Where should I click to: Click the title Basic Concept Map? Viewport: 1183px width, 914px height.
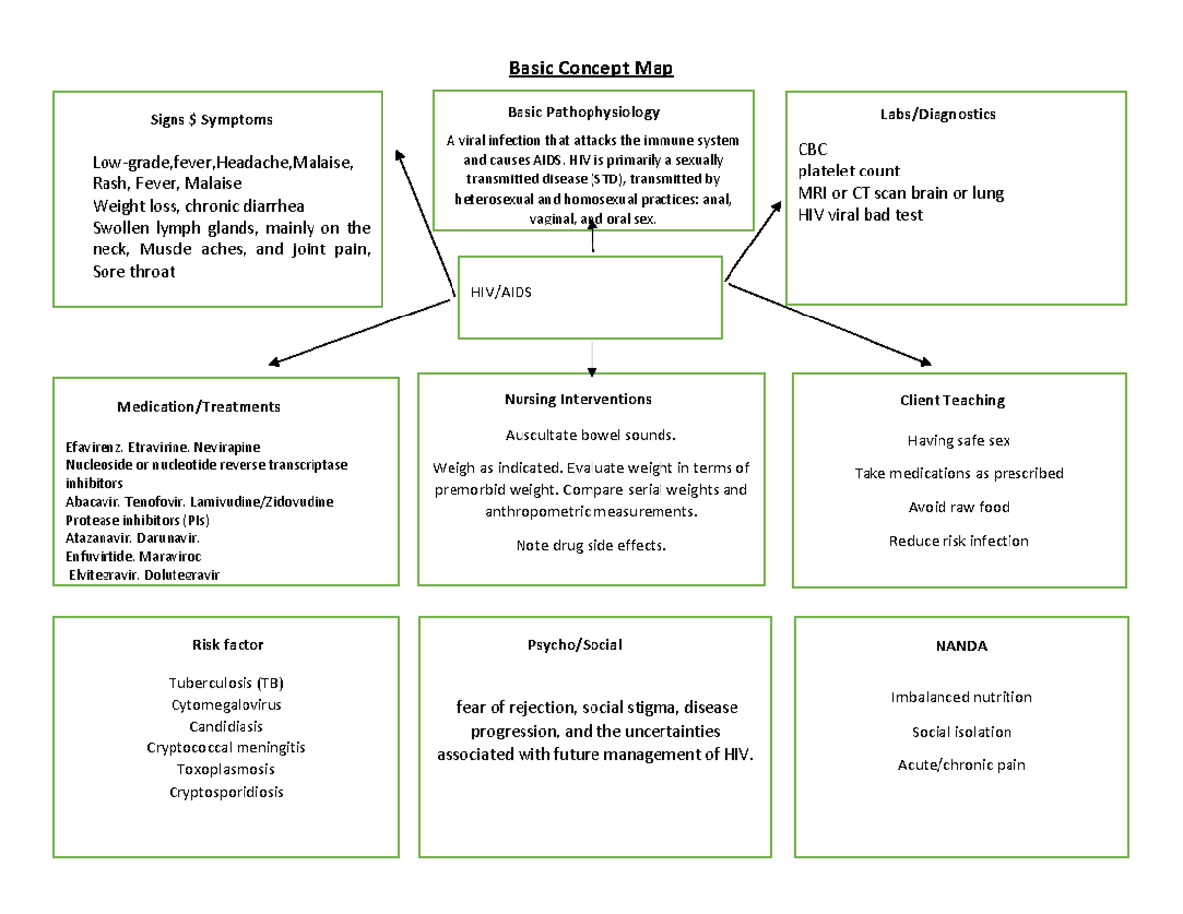point(591,68)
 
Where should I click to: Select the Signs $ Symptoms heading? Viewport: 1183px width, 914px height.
point(210,120)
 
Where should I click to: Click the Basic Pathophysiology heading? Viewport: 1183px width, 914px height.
point(584,113)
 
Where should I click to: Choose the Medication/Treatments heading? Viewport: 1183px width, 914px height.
point(198,406)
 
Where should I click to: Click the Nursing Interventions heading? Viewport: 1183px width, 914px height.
point(578,399)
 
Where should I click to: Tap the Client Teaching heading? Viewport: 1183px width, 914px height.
point(951,400)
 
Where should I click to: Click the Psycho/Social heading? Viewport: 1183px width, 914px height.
point(575,645)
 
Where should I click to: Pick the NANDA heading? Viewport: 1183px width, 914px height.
point(960,646)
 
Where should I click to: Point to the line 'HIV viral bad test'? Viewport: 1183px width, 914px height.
point(860,215)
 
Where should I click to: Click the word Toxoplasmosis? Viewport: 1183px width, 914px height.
point(226,769)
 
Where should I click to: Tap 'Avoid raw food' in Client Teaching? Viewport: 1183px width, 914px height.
point(958,507)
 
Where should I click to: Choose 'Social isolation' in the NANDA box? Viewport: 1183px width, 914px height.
point(961,732)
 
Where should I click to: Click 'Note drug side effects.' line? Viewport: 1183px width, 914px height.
point(591,545)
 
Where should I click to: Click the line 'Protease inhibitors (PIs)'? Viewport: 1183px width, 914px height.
point(137,520)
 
